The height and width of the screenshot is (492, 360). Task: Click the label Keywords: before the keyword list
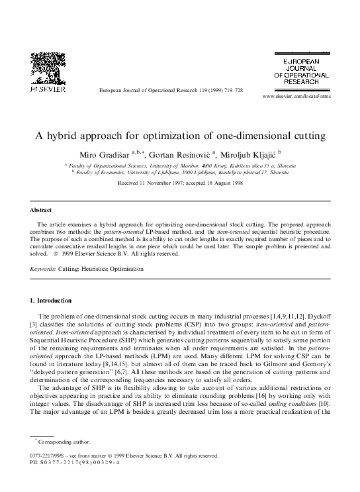(44, 270)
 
